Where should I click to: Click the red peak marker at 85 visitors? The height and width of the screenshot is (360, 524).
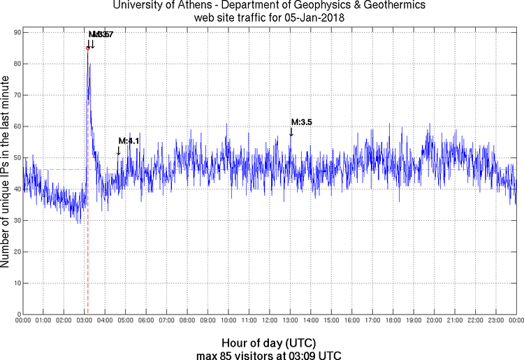tap(87, 48)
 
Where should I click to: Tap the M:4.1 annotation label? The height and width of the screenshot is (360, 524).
tap(129, 141)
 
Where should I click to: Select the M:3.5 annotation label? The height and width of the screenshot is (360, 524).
tap(301, 122)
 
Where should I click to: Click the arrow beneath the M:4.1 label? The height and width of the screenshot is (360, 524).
tap(119, 150)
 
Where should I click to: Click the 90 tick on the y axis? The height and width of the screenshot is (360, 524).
tap(15, 32)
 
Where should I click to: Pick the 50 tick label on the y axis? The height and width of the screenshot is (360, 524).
tap(15, 157)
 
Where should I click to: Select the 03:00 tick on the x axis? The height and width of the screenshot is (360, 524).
tap(84, 320)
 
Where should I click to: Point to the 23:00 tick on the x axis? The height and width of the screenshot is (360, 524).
tap(496, 320)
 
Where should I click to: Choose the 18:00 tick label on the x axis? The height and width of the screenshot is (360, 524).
tap(393, 320)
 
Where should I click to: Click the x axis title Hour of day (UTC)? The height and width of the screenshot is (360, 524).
tap(268, 343)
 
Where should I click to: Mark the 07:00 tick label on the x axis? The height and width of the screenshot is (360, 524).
tap(166, 320)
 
